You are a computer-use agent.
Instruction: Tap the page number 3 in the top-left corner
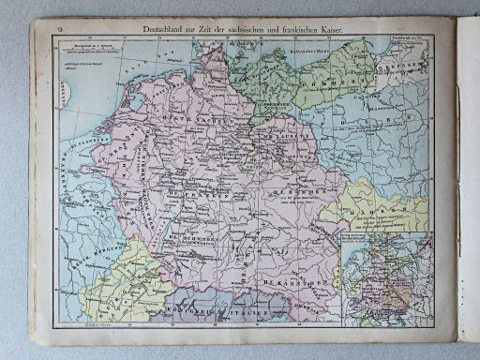point(58,30)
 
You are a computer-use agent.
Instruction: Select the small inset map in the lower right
point(383,277)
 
